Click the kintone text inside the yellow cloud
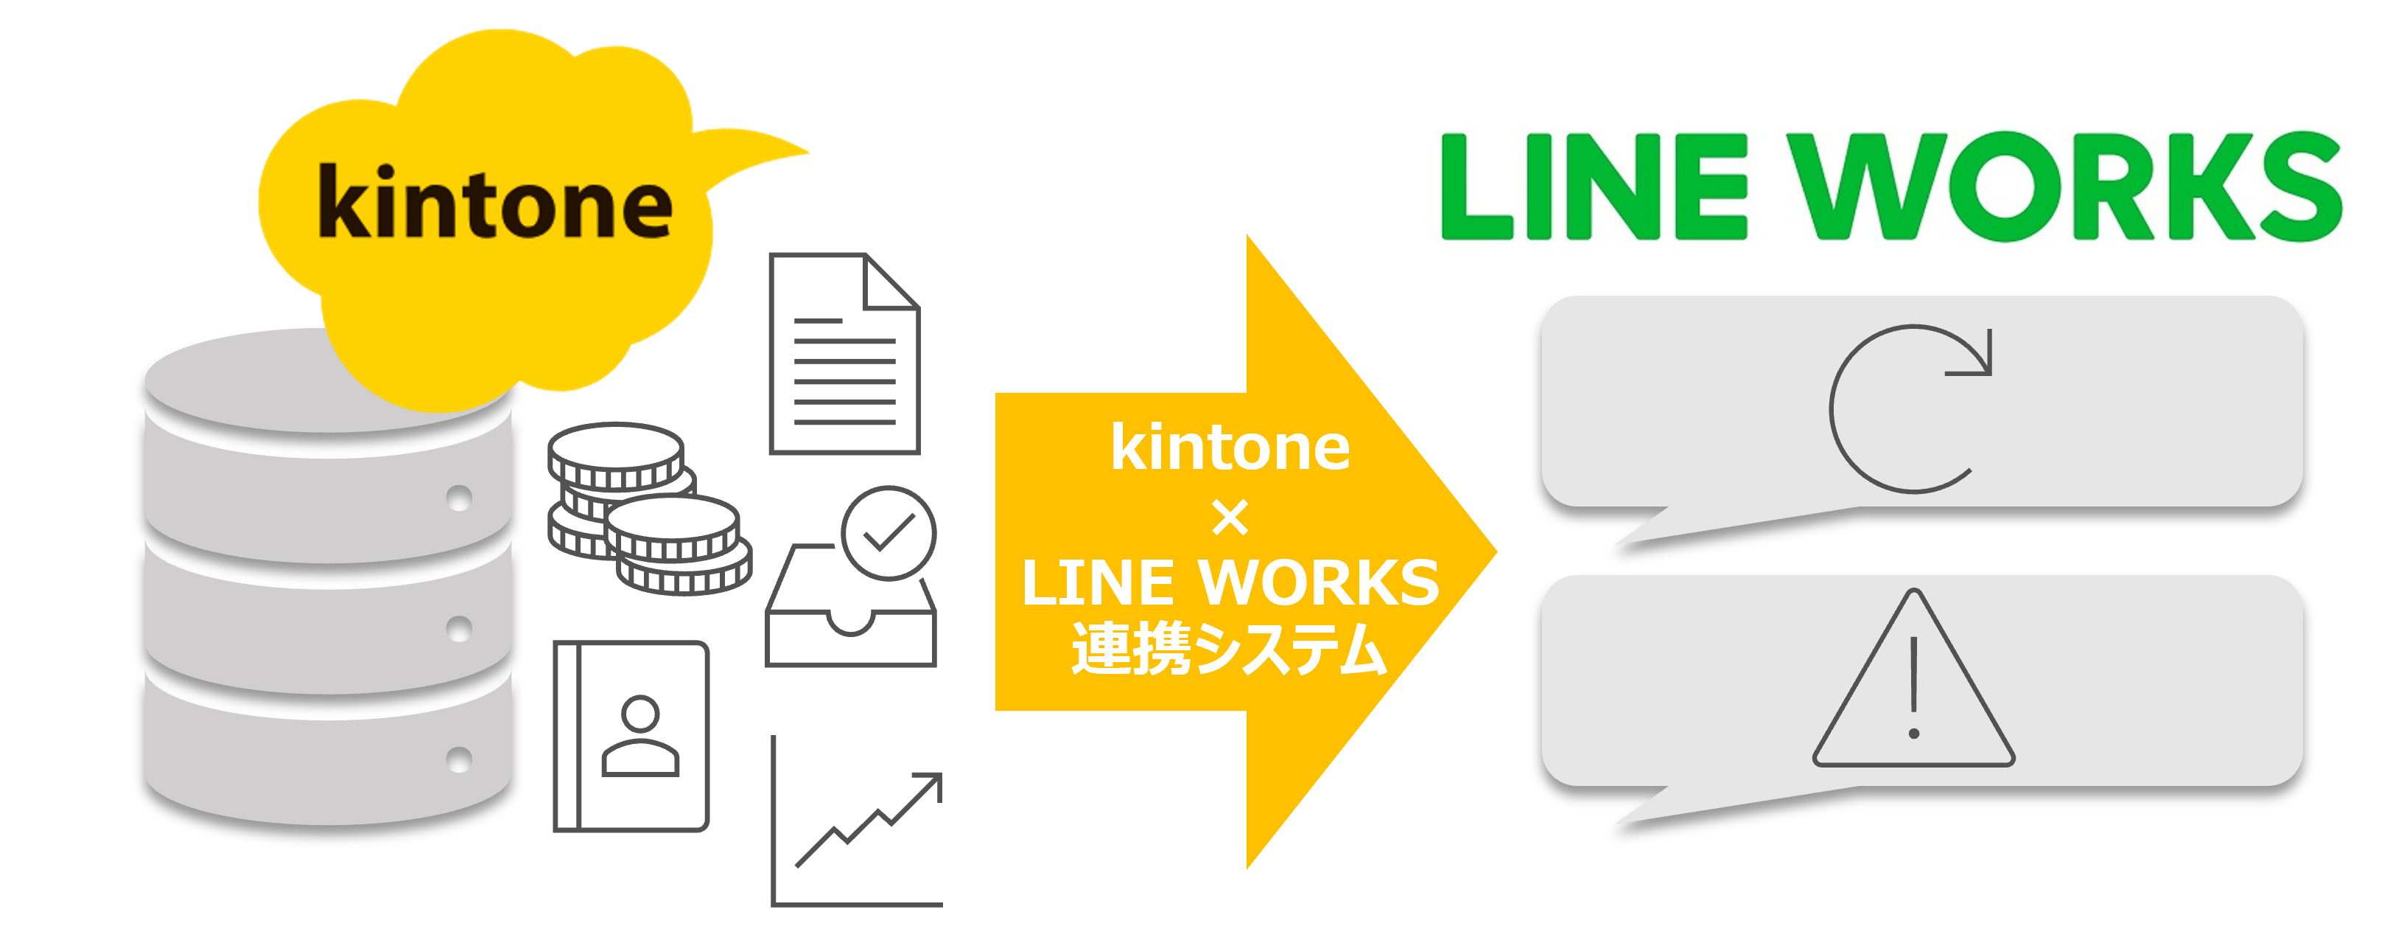(x=494, y=202)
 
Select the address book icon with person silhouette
(x=631, y=735)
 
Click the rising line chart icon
(x=858, y=821)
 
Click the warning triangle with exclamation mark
(x=1913, y=687)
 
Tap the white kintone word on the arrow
(x=1230, y=448)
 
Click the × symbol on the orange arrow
(x=1230, y=518)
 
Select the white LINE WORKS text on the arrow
(x=1230, y=583)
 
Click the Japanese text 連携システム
(x=1230, y=648)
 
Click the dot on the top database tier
(x=458, y=498)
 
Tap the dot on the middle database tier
(x=458, y=628)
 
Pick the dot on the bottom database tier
(x=458, y=759)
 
